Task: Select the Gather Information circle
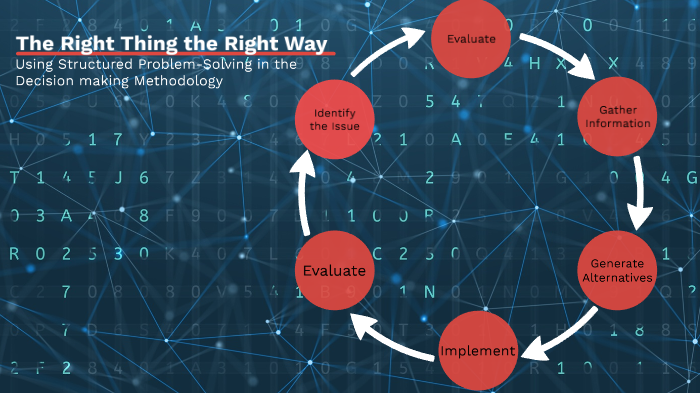point(617,116)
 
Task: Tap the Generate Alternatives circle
point(617,270)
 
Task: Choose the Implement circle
point(478,351)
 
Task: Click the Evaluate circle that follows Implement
point(334,271)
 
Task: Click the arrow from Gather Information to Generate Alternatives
point(638,195)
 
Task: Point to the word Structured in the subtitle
point(97,65)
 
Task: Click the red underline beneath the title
point(170,54)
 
